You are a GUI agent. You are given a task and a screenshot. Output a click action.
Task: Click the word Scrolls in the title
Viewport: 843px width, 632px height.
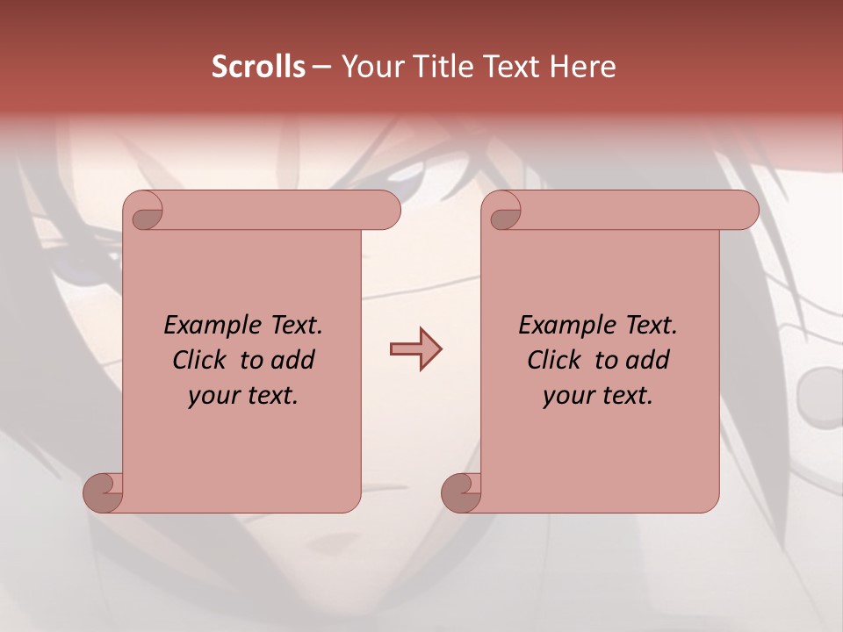[258, 67]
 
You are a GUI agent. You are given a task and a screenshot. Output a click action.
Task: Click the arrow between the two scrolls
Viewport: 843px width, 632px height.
[415, 349]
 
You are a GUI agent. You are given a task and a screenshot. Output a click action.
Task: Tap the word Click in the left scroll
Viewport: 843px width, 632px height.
[200, 361]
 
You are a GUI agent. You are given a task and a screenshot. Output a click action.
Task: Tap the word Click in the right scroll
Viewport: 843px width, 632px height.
[555, 361]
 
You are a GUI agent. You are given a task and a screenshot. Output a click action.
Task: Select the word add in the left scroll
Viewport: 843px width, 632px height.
[293, 361]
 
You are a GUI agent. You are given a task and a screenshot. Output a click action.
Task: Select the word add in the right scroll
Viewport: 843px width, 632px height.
[648, 361]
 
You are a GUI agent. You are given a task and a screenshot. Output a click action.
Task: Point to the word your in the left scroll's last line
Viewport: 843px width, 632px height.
[212, 396]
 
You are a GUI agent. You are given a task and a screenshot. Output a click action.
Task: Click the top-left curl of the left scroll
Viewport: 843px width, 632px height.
[145, 212]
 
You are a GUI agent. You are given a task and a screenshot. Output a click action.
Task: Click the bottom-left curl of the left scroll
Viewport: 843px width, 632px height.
[103, 492]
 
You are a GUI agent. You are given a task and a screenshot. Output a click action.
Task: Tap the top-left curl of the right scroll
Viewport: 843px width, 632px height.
[504, 212]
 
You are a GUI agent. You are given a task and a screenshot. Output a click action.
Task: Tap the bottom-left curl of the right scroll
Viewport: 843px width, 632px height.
[460, 492]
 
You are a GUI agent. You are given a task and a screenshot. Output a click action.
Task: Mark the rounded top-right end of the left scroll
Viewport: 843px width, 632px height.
[386, 211]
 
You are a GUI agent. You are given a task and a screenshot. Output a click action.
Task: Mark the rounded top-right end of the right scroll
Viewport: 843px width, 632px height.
[745, 211]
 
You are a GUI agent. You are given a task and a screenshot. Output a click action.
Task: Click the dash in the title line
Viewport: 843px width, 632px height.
[321, 67]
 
